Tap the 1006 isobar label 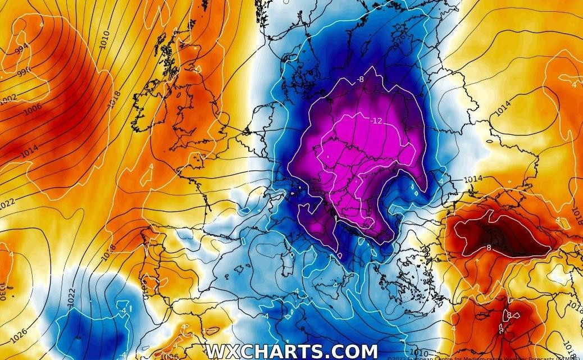click(x=32, y=109)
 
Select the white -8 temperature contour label click(x=360, y=79)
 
